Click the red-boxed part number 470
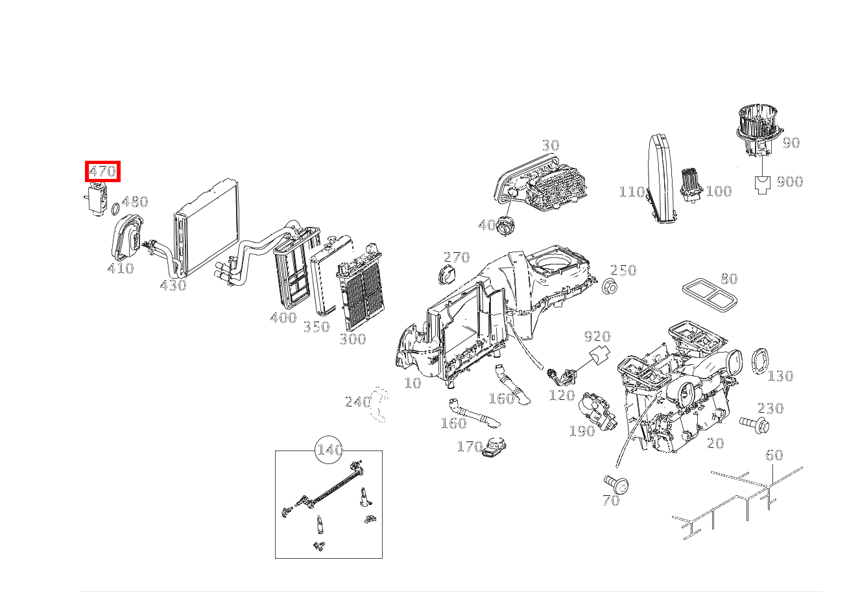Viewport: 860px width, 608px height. tap(102, 172)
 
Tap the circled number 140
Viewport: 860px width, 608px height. tap(329, 450)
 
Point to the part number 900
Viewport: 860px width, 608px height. tap(789, 181)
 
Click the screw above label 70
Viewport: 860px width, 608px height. tap(615, 483)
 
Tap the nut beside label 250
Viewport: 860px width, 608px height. tap(608, 286)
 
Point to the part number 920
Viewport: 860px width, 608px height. tap(597, 336)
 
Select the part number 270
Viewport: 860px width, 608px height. tap(456, 257)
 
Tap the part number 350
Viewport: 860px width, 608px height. tap(317, 327)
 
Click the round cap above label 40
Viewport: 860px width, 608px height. tap(505, 226)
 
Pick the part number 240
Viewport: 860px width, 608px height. tap(357, 402)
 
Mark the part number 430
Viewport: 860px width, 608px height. tap(173, 285)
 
